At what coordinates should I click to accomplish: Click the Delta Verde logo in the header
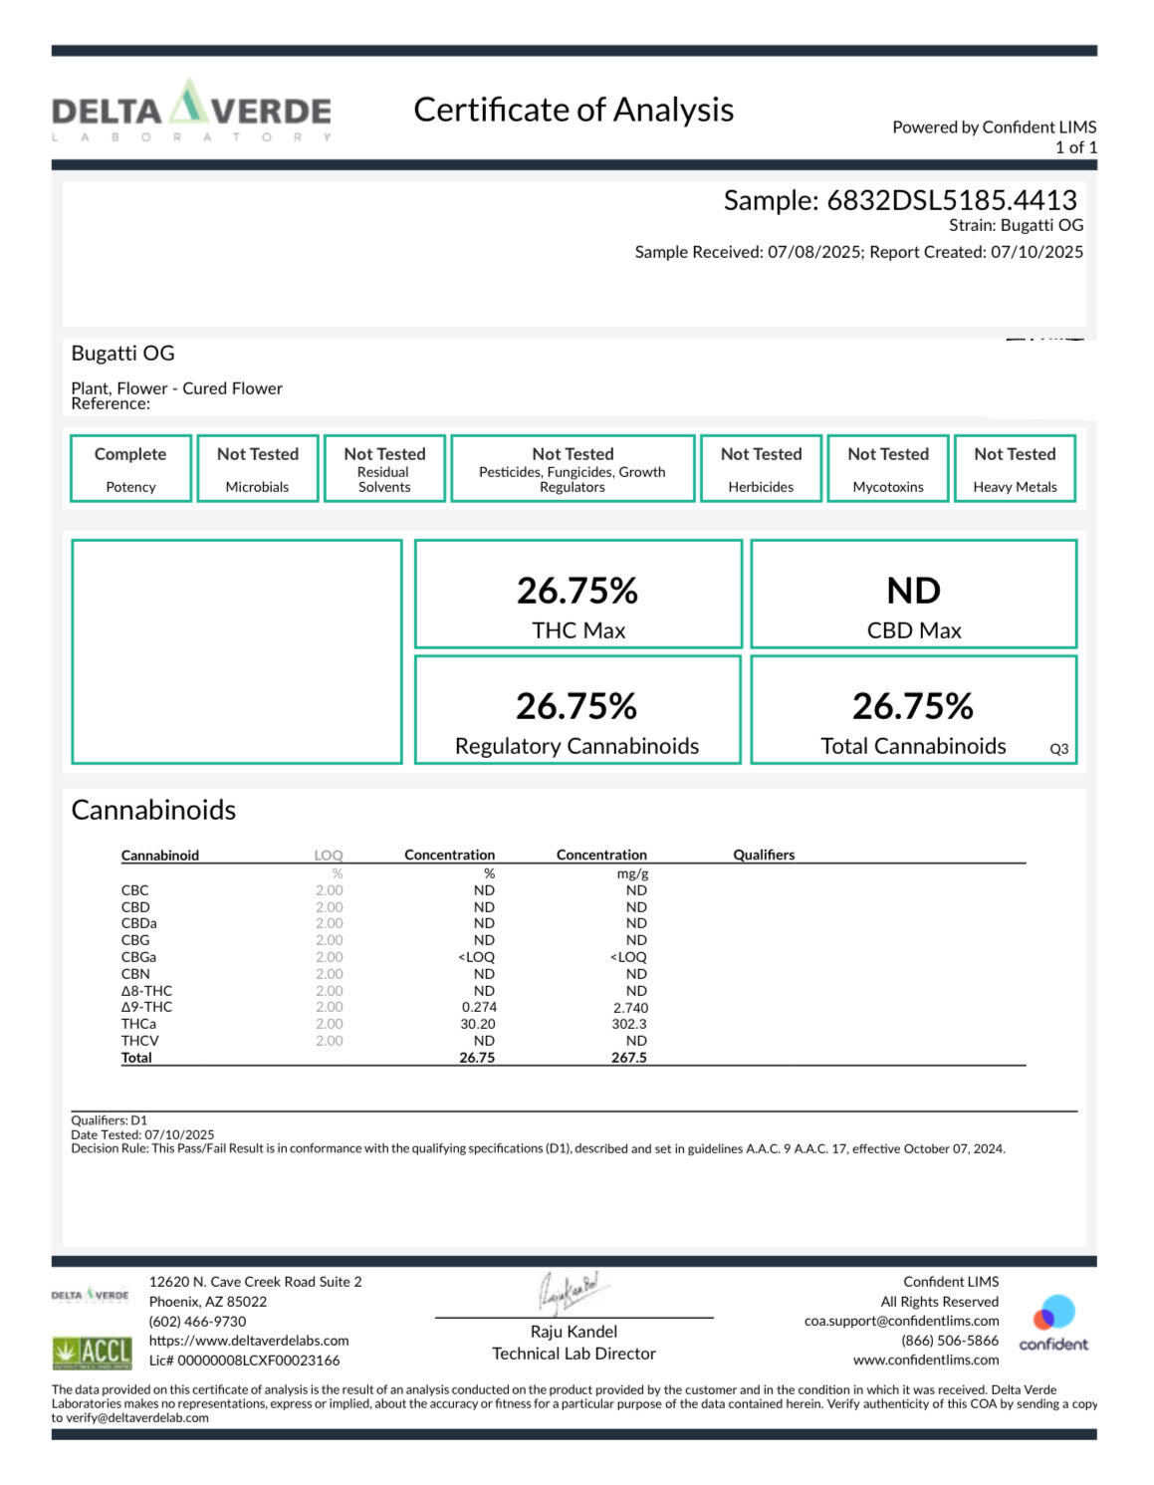[191, 111]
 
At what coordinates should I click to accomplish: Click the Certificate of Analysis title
[574, 110]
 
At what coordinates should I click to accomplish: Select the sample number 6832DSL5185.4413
[951, 200]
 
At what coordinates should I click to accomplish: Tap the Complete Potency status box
[130, 468]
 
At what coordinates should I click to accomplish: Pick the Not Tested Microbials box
[258, 468]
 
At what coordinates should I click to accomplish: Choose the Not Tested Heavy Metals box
[1015, 468]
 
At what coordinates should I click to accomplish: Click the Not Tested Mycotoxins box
[888, 468]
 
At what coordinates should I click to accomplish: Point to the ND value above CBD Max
[913, 591]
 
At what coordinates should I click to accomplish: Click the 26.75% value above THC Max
[577, 591]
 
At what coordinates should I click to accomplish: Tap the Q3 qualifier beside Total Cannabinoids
[1059, 749]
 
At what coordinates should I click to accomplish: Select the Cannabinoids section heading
[153, 810]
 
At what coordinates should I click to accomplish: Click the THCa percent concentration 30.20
[478, 1024]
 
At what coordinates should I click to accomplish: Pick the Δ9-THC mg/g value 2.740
[630, 1008]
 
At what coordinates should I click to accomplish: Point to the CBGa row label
[138, 957]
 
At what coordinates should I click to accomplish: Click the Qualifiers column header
[764, 855]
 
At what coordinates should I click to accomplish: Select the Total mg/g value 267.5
[628, 1058]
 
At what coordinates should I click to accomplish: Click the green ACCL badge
[92, 1352]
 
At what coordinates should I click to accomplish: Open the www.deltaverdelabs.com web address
[249, 1341]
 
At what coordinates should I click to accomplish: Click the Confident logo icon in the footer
[1053, 1314]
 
